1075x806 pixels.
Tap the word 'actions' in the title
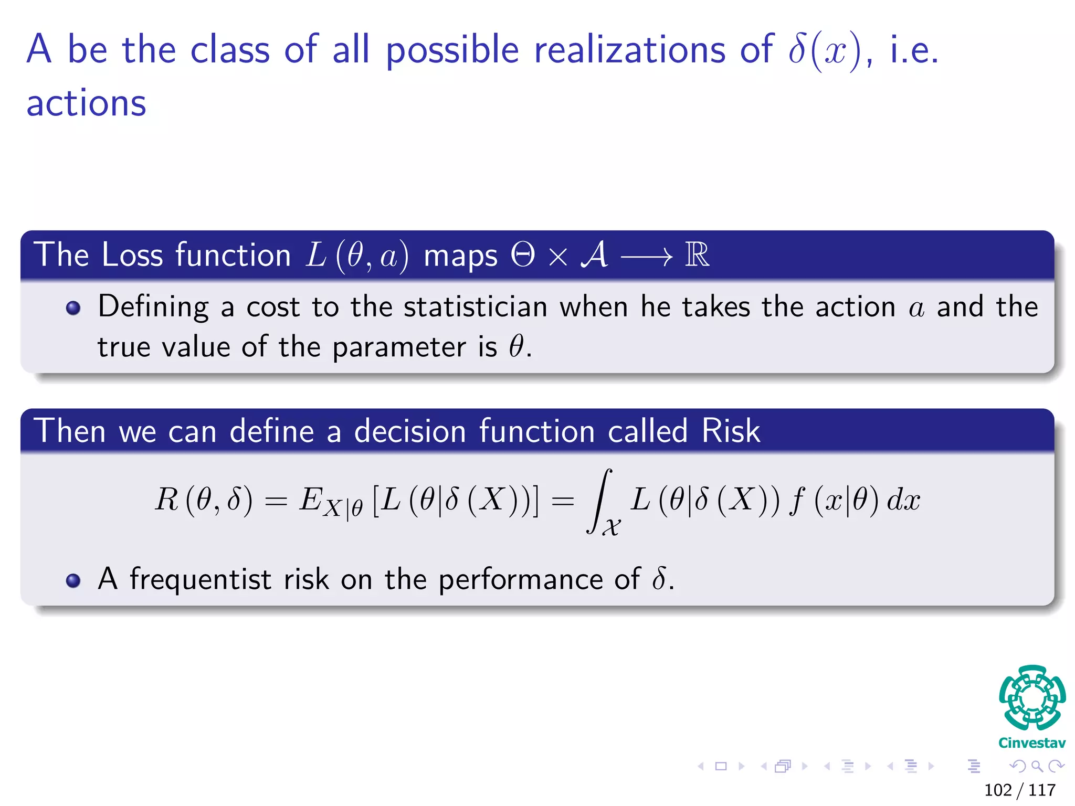click(x=87, y=103)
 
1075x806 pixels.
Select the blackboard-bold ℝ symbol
click(x=697, y=256)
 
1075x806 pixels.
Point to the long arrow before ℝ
click(x=646, y=257)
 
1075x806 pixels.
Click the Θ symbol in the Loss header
click(x=523, y=256)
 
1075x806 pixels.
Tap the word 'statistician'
click(x=475, y=307)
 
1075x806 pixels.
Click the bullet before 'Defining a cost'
click(x=73, y=308)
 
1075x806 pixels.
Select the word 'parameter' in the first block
click(x=399, y=347)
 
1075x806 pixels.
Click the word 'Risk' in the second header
click(x=731, y=432)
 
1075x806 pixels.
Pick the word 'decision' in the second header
click(x=410, y=432)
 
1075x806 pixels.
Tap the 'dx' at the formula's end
click(x=903, y=500)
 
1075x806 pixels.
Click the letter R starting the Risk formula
click(x=167, y=500)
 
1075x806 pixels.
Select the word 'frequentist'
click(x=201, y=580)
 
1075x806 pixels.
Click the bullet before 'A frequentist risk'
click(x=73, y=581)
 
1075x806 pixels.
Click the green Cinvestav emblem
click(x=1032, y=698)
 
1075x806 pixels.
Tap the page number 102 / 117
click(x=1019, y=790)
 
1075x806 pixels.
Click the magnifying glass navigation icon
click(x=1037, y=767)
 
